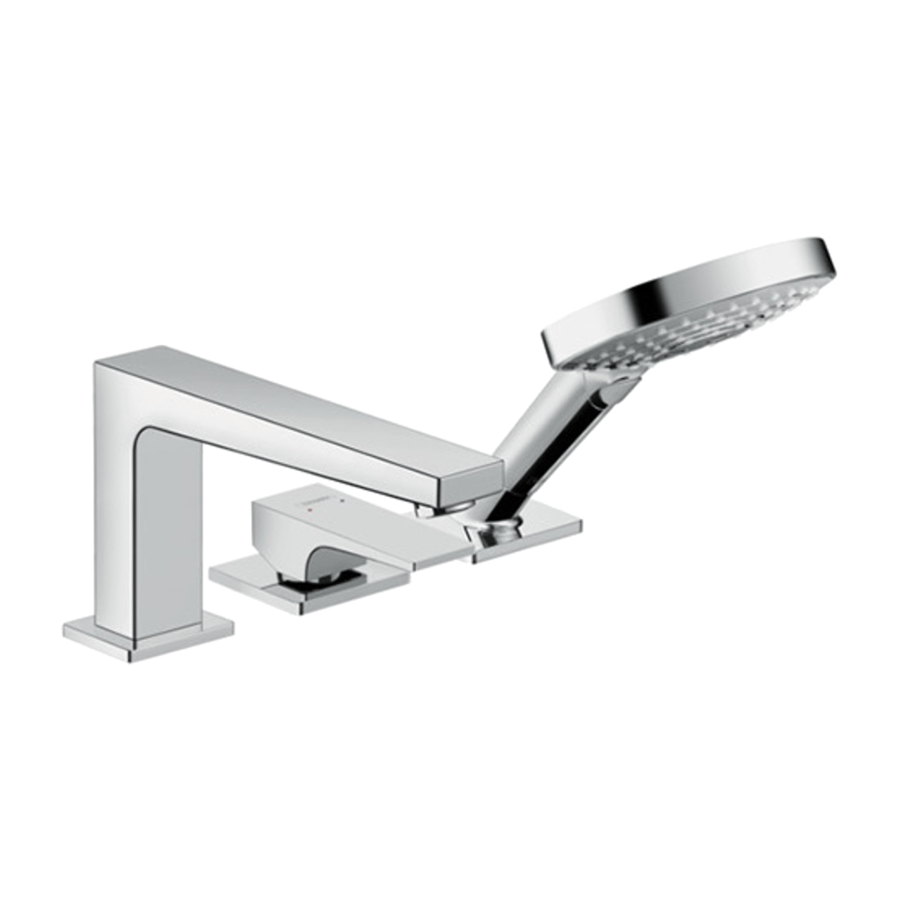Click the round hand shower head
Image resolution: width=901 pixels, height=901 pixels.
[x=690, y=317]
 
